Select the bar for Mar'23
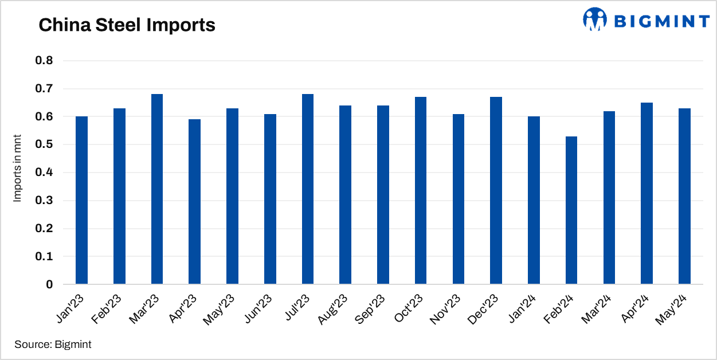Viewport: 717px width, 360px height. pos(157,189)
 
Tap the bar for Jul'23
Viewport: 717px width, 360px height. pos(308,189)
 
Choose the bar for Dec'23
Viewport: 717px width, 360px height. pos(496,191)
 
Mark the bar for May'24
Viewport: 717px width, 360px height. pos(684,196)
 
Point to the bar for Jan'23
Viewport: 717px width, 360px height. pos(81,200)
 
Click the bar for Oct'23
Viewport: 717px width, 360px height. pos(421,191)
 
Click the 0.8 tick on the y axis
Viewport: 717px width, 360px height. pos(45,61)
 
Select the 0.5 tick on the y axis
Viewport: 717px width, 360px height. pos(45,144)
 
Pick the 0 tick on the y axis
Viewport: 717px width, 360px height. pos(49,284)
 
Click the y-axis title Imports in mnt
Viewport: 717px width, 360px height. pos(17,173)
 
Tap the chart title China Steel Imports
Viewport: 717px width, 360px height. pos(127,25)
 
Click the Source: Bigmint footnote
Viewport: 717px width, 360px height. pos(53,345)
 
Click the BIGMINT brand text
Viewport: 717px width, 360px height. pos(662,21)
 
